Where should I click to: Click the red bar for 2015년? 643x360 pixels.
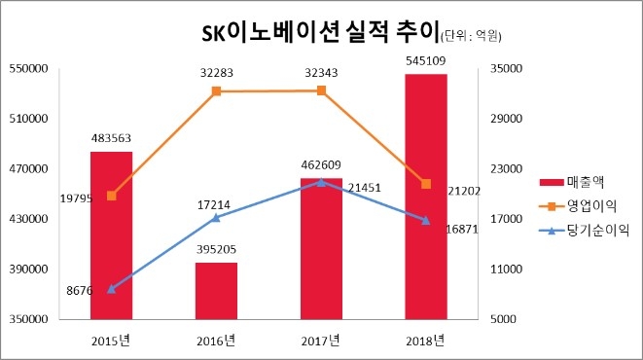pyautogui.click(x=111, y=234)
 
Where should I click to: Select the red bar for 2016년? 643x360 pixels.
pyautogui.click(x=216, y=290)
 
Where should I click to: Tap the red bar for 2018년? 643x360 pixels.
pyautogui.click(x=426, y=196)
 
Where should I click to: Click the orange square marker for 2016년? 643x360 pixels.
pyautogui.click(x=216, y=91)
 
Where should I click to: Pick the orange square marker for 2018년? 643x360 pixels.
pyautogui.click(x=426, y=184)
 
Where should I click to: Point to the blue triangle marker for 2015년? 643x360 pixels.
pyautogui.click(x=111, y=289)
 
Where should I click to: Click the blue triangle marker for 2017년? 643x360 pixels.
pyautogui.click(x=321, y=182)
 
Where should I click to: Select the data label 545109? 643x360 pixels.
pyautogui.click(x=426, y=60)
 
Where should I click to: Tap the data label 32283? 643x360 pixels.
pyautogui.click(x=216, y=72)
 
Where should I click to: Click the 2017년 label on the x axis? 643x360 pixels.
pyautogui.click(x=321, y=340)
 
